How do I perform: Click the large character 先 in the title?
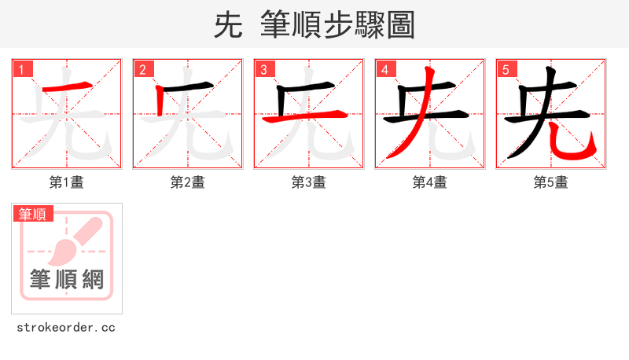(x=228, y=25)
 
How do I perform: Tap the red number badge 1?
(x=21, y=69)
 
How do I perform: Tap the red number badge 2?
(x=142, y=69)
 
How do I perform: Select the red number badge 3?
(x=263, y=69)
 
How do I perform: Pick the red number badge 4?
(x=384, y=69)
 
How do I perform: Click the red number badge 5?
(x=506, y=69)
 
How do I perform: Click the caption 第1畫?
(x=67, y=182)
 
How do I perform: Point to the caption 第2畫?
(x=188, y=182)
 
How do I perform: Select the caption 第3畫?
(x=309, y=182)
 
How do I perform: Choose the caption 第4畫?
(x=430, y=182)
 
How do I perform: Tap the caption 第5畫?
(x=551, y=182)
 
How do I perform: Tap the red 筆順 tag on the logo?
(x=32, y=214)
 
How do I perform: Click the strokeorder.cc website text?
(x=67, y=327)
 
